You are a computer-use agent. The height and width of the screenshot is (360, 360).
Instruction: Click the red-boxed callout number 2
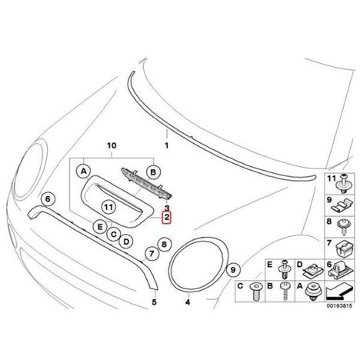pyautogui.click(x=167, y=218)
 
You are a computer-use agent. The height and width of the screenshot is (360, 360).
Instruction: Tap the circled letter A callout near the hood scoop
pyautogui.click(x=84, y=172)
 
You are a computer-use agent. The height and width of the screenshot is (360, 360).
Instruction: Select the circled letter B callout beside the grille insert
pyautogui.click(x=153, y=172)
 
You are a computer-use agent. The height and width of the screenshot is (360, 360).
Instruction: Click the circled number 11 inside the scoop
pyautogui.click(x=109, y=207)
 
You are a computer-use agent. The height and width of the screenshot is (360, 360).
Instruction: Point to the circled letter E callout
pyautogui.click(x=100, y=227)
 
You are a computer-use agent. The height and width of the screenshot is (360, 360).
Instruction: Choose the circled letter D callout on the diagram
pyautogui.click(x=126, y=242)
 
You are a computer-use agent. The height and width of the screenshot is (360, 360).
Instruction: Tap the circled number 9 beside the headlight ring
pyautogui.click(x=233, y=270)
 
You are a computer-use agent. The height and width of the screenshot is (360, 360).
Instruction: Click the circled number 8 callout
pyautogui.click(x=164, y=245)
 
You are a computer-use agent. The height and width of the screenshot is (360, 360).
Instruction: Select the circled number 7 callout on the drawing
pyautogui.click(x=152, y=254)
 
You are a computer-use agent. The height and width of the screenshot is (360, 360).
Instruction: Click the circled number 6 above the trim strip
pyautogui.click(x=48, y=199)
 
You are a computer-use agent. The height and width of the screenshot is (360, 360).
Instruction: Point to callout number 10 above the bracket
pyautogui.click(x=112, y=145)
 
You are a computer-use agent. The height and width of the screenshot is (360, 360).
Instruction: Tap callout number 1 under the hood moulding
pyautogui.click(x=167, y=145)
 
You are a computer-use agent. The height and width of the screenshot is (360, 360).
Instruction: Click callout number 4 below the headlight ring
pyautogui.click(x=188, y=302)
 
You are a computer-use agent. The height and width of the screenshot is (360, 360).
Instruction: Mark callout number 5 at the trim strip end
pyautogui.click(x=154, y=302)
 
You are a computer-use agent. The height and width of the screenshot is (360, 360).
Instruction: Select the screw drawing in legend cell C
pyautogui.click(x=256, y=292)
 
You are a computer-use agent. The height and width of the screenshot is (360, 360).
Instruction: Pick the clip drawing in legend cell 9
pyautogui.click(x=343, y=205)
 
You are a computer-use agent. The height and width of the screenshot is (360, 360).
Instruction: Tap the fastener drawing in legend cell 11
pyautogui.click(x=344, y=185)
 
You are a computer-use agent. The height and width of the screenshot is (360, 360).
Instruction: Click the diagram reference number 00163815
pyautogui.click(x=339, y=306)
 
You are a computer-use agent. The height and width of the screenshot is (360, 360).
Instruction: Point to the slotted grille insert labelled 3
pyautogui.click(x=148, y=183)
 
